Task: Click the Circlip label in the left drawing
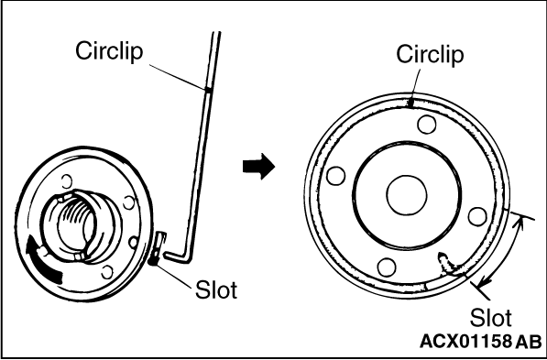(109, 51)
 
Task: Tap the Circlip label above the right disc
(430, 54)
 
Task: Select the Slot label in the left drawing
(216, 290)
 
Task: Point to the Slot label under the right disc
(490, 318)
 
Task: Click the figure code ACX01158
(465, 342)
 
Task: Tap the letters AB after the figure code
(529, 342)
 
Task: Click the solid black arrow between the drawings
(258, 167)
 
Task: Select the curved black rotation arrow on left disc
(42, 259)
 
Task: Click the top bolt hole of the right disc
(426, 125)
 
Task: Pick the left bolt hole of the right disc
(336, 176)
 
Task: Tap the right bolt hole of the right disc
(477, 216)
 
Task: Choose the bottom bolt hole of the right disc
(387, 267)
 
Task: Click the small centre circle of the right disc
(407, 195)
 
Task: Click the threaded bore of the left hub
(76, 224)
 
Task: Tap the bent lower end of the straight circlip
(179, 256)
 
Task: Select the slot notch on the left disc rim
(157, 247)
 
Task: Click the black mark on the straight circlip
(208, 90)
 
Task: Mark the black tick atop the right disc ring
(411, 104)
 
